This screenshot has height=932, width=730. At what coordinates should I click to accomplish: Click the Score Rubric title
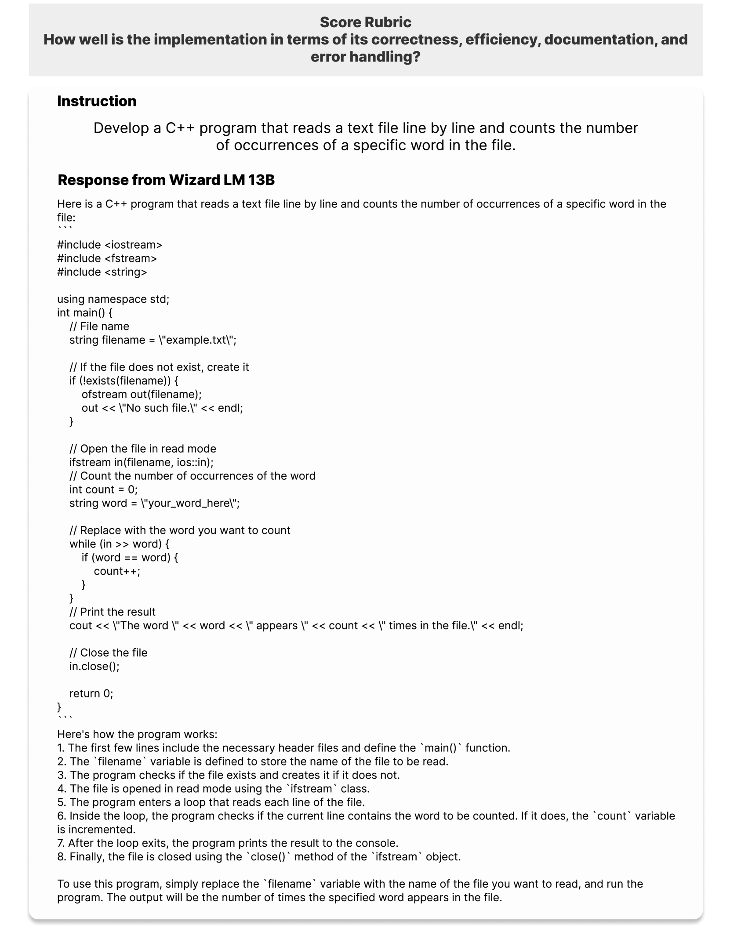click(x=365, y=22)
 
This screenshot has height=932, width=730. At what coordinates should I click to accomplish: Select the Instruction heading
click(x=97, y=101)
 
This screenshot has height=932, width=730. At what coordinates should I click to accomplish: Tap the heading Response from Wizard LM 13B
click(x=166, y=180)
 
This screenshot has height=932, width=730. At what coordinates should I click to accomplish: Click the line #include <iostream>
click(x=109, y=245)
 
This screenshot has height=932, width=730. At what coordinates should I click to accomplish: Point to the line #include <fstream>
click(x=107, y=258)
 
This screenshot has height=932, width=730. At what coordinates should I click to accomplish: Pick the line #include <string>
click(x=102, y=272)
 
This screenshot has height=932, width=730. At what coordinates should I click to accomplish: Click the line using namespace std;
click(x=113, y=299)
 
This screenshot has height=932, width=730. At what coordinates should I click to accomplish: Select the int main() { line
click(x=85, y=313)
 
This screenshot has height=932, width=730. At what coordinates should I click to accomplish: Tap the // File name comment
click(x=99, y=326)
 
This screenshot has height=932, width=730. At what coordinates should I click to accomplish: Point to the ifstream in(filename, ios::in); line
click(x=142, y=462)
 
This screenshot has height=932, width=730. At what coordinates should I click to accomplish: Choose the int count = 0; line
click(x=103, y=490)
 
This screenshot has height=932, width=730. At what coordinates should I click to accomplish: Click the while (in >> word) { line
click(x=119, y=544)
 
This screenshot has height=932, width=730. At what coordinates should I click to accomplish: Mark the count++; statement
click(x=117, y=571)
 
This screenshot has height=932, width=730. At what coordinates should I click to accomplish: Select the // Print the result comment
click(x=113, y=612)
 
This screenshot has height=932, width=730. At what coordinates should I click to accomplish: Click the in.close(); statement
click(x=94, y=667)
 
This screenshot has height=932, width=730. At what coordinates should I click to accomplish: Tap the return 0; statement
click(x=91, y=694)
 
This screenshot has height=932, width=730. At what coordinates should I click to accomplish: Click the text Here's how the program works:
click(x=137, y=734)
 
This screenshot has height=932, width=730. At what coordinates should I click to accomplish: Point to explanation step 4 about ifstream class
click(x=213, y=789)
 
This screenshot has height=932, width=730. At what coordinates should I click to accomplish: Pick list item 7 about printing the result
click(x=228, y=843)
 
